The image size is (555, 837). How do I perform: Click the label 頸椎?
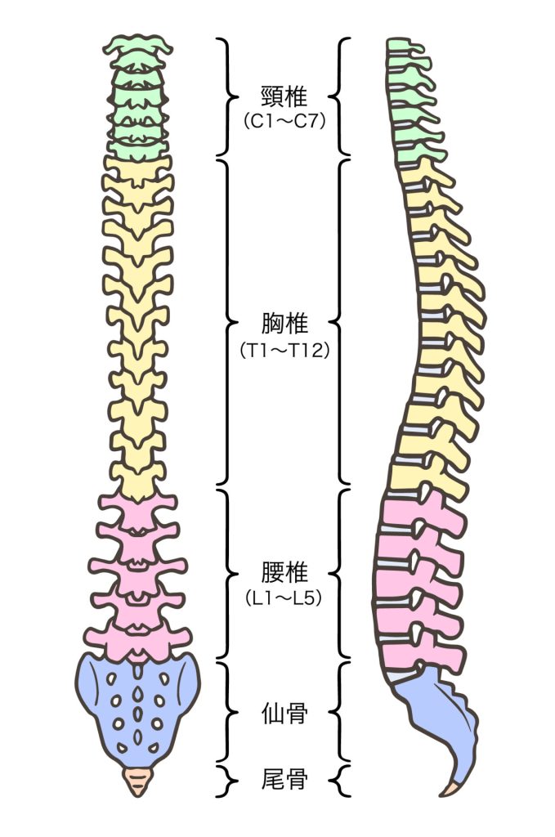click(x=284, y=97)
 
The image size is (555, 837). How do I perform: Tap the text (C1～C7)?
click(x=284, y=122)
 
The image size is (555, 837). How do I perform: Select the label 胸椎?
click(x=284, y=324)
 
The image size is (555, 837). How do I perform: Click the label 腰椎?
click(x=284, y=571)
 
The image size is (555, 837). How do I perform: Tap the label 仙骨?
click(x=284, y=714)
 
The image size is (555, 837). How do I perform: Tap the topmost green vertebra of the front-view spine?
click(x=140, y=46)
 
